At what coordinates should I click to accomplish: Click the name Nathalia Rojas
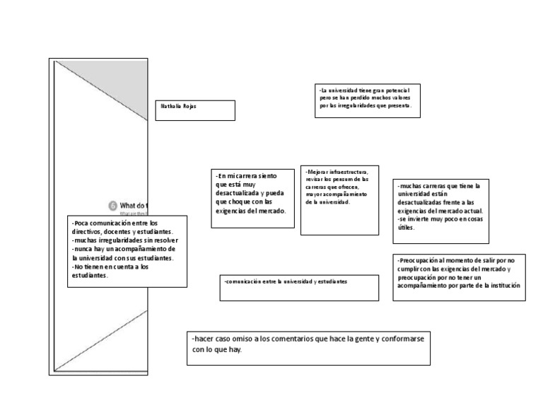click(177, 106)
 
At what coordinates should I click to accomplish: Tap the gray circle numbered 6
click(112, 205)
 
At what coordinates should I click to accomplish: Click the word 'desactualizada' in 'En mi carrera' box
click(238, 193)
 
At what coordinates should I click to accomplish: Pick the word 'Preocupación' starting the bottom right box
click(420, 260)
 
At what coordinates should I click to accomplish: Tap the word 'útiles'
click(406, 228)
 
